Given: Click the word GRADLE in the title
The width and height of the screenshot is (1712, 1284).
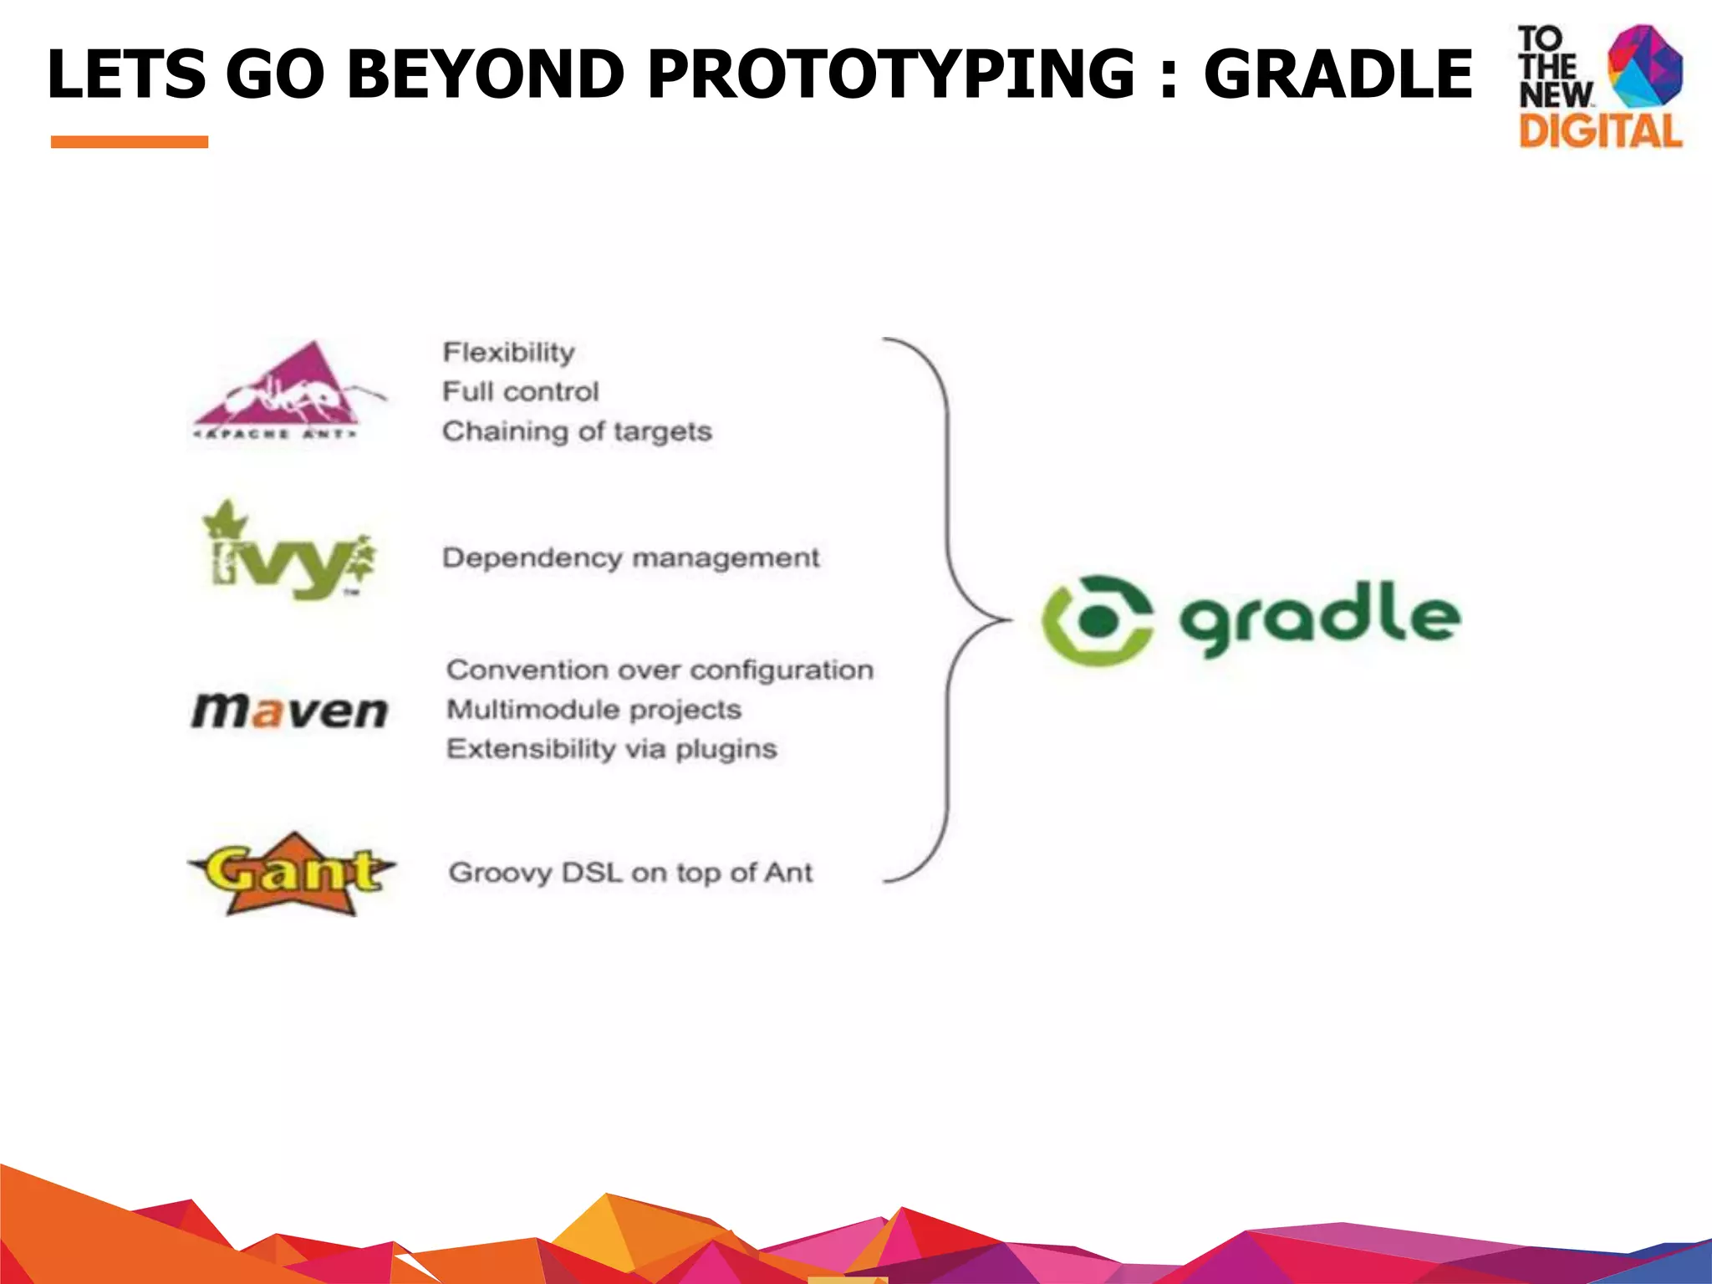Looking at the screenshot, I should pos(1337,74).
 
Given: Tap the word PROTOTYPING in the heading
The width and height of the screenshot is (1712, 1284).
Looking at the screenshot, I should pos(891,74).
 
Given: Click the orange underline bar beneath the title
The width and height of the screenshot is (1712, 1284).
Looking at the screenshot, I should pos(130,142).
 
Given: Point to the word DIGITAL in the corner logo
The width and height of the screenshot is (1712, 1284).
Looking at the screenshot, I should pos(1600,132).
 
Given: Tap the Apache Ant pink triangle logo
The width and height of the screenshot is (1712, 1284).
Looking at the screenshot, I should pos(284,389).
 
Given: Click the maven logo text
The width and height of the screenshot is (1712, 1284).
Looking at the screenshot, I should pos(289,711).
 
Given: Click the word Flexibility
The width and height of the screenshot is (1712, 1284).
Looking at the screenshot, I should pos(508,352).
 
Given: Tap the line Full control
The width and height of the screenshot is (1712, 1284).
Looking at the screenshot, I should pos(520,391).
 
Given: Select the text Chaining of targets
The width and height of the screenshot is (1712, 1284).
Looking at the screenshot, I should pos(577,431).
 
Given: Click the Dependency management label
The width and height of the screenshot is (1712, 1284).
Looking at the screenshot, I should pos(630,558).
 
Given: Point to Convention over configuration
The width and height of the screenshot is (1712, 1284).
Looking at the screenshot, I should pos(660,670).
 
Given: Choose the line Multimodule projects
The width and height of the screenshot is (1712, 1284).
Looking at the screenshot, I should pos(594,710).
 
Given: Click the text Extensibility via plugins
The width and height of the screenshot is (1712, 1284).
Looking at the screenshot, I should pos(611,749).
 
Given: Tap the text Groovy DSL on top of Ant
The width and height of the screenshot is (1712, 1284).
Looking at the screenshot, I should pos(630,873).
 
